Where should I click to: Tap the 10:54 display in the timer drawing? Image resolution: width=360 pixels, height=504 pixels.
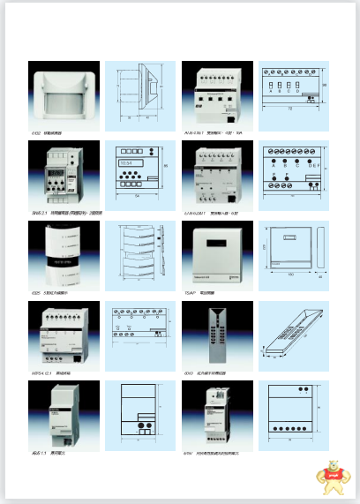coord(126,162)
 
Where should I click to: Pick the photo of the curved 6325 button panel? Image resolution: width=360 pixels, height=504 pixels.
coord(63,252)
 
